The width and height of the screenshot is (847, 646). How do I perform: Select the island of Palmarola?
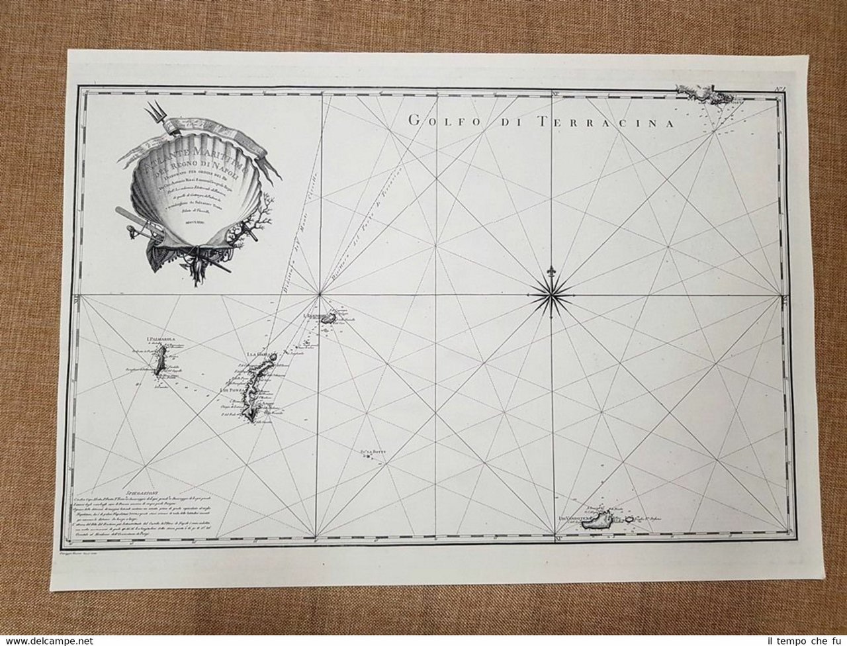click(159, 363)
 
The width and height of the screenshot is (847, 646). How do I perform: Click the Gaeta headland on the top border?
click(698, 93)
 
